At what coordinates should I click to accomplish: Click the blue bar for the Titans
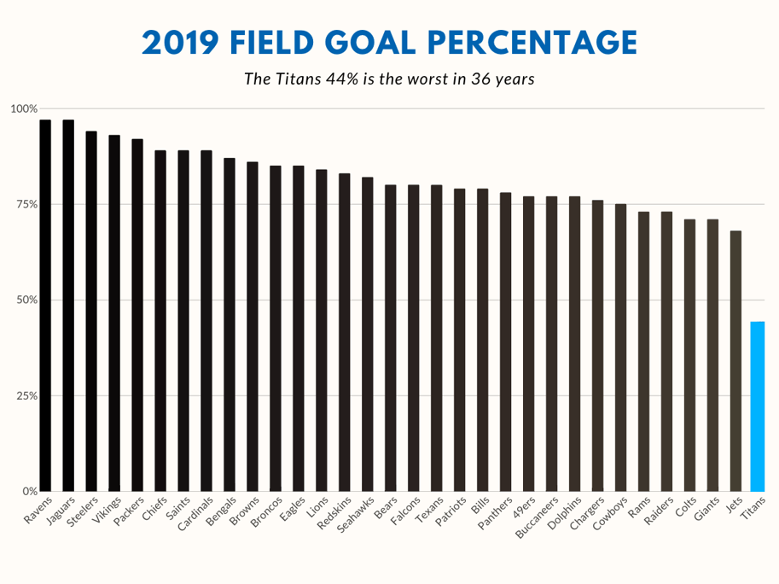[757, 406]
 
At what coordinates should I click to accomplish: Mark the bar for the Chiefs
[160, 321]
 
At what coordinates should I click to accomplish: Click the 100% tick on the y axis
[24, 109]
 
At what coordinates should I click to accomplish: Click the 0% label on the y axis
[29, 492]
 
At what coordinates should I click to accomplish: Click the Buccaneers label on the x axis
[538, 517]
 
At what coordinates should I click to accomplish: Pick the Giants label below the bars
[706, 509]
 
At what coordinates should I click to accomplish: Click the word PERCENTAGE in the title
[531, 42]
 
